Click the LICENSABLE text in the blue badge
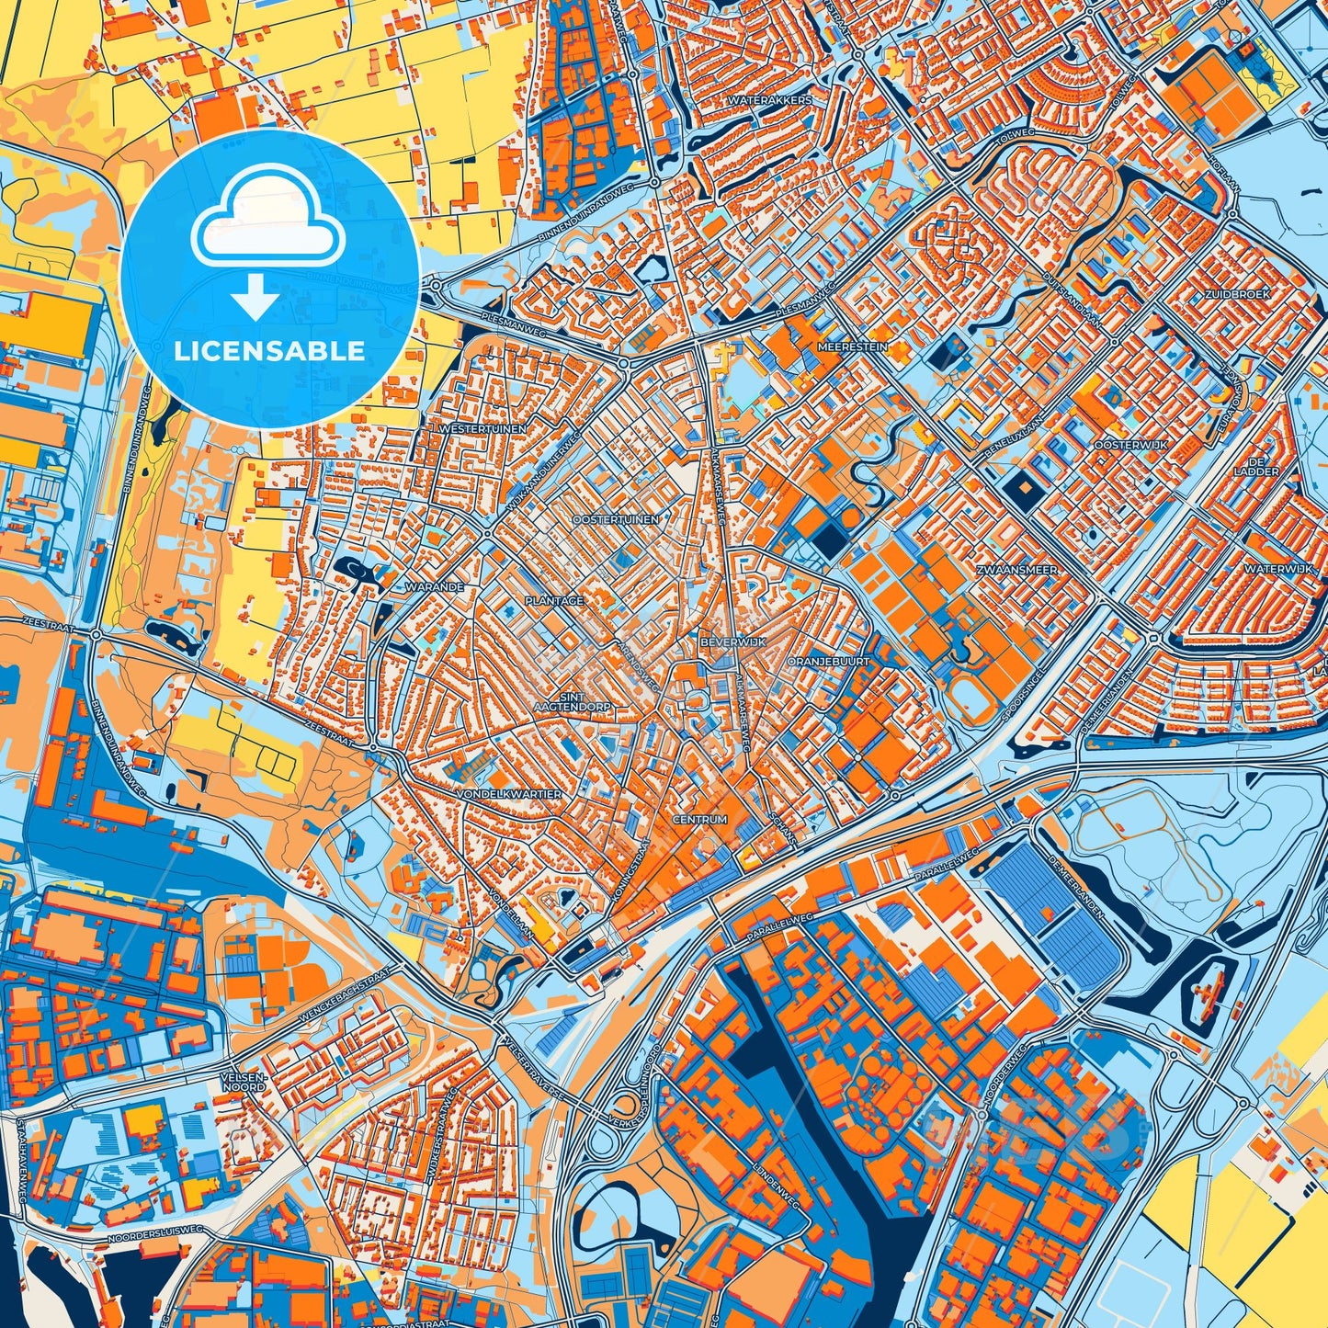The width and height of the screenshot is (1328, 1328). pos(269,351)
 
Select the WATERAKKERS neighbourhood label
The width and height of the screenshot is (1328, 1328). pos(769,100)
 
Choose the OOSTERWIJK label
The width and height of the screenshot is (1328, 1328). pos(1130,445)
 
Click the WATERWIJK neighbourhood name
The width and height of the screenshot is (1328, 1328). pos(1278,570)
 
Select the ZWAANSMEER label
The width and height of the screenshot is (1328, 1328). pos(1016,571)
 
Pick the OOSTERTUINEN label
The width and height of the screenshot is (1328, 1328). pos(616,520)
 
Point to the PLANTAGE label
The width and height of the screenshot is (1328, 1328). pos(554,601)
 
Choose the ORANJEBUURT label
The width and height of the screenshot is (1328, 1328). pos(828,661)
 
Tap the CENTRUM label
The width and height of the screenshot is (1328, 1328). pos(699,819)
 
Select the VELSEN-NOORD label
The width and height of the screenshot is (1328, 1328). pos(244,1081)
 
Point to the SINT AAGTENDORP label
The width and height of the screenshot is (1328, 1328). pos(573,702)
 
